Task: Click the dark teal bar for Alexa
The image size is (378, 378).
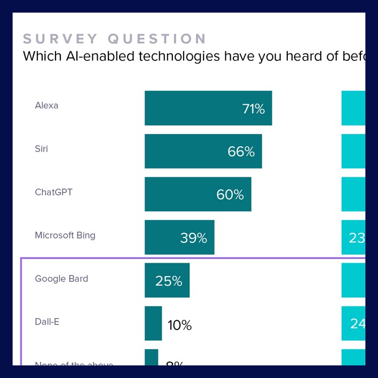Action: [192, 108]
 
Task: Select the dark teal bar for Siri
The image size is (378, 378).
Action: [187, 151]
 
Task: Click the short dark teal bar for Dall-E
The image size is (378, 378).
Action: [153, 323]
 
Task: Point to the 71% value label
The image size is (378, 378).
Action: [253, 109]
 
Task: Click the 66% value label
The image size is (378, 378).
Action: [241, 152]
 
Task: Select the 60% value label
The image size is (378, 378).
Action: [230, 195]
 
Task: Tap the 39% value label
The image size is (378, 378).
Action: [193, 238]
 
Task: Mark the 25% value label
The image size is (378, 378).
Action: [169, 281]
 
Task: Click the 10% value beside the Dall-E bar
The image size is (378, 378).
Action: [179, 325]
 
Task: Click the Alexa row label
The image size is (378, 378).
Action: [46, 106]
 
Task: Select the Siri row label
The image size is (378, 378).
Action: [41, 149]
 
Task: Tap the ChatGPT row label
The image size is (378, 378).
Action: [53, 192]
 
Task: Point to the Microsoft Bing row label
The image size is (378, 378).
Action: [65, 235]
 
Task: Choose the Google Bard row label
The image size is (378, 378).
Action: [61, 279]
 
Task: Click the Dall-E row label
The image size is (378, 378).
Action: [47, 322]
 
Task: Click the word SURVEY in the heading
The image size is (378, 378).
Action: [60, 39]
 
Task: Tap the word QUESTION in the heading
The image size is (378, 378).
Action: [157, 39]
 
